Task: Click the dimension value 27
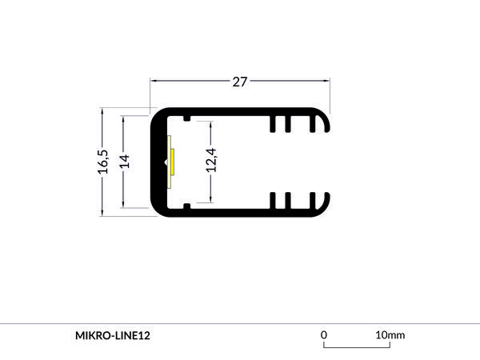click(x=240, y=82)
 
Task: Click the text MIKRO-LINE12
click(x=112, y=334)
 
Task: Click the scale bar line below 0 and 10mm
click(x=357, y=346)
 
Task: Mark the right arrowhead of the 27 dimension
click(x=327, y=81)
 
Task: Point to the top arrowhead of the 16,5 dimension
click(x=102, y=112)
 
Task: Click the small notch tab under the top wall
click(x=186, y=119)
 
